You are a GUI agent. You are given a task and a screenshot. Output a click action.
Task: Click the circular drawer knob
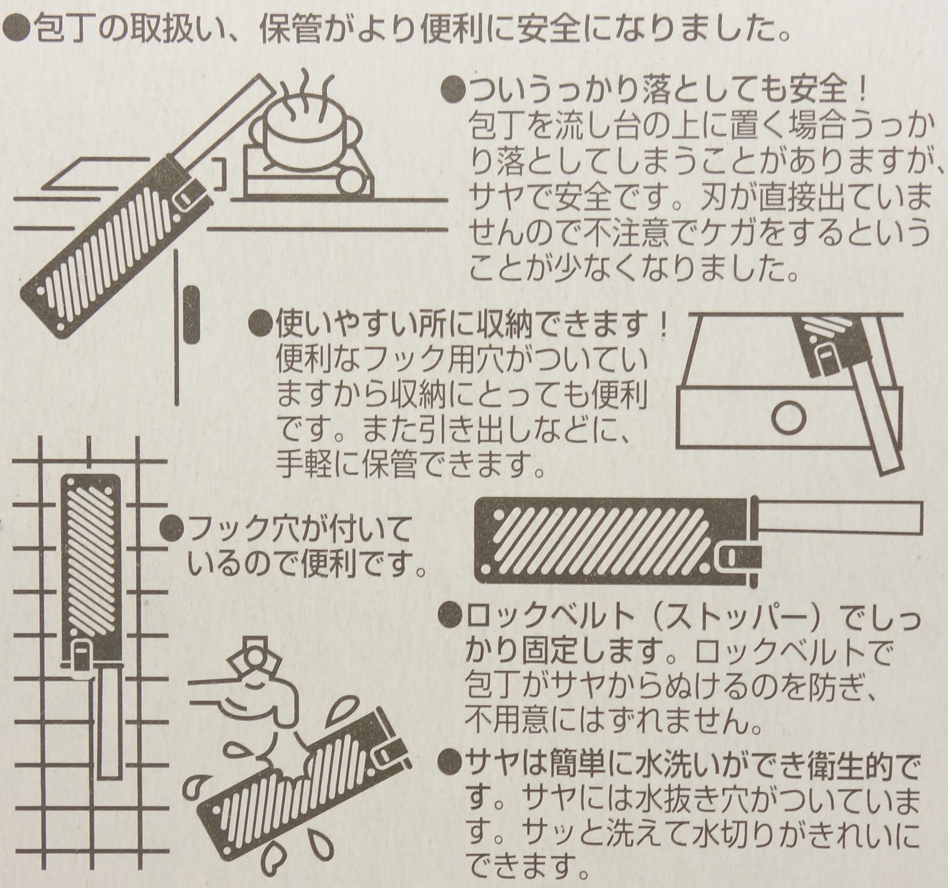(788, 418)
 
